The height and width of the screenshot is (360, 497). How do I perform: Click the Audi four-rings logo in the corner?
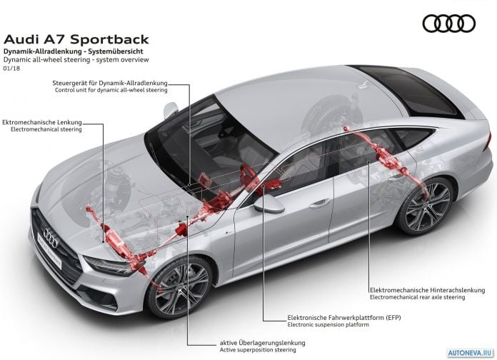tap(449, 24)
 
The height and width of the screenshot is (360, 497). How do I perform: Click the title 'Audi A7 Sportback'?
tap(76, 39)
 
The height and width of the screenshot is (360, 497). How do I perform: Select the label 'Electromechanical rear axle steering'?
tap(418, 298)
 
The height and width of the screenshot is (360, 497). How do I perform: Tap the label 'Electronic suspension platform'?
tap(328, 325)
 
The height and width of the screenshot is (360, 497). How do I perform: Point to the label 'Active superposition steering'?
tap(258, 350)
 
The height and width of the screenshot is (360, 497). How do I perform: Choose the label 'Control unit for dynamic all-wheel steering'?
tap(111, 90)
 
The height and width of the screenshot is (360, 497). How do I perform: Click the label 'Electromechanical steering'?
tap(46, 129)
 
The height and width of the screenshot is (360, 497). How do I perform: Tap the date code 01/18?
tap(11, 68)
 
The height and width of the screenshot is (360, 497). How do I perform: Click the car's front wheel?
tap(180, 288)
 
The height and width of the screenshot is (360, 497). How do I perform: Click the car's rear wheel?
tap(426, 206)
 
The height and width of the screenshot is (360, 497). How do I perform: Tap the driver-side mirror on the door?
tap(268, 204)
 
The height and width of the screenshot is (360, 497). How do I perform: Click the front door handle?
tap(320, 204)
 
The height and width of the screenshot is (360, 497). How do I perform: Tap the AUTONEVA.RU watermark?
tap(471, 353)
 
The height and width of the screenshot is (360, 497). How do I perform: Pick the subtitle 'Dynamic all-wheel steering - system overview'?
tap(76, 59)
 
